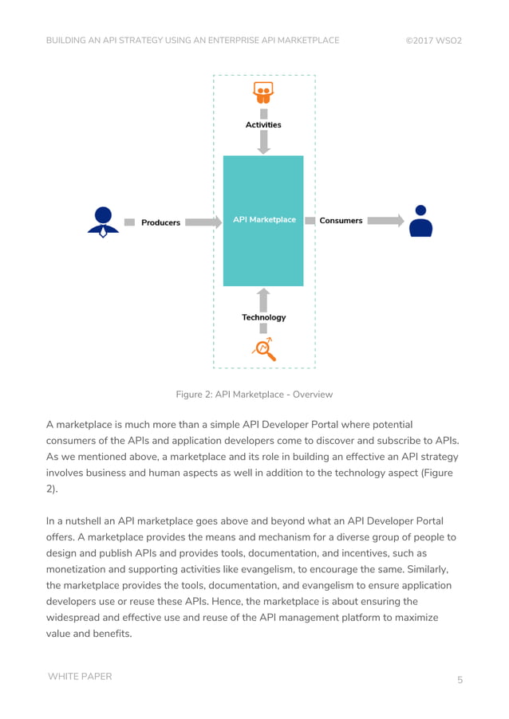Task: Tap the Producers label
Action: click(160, 222)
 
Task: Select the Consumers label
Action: click(341, 221)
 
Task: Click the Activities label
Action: click(263, 124)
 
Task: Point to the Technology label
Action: click(263, 317)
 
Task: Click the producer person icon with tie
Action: click(103, 222)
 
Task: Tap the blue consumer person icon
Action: click(420, 222)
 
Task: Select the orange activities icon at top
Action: click(263, 92)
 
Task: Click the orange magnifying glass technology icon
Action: click(263, 349)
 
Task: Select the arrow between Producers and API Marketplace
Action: click(203, 222)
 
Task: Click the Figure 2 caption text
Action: click(254, 395)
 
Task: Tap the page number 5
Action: click(460, 680)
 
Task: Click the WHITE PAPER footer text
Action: click(80, 677)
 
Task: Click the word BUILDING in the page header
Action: click(68, 40)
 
